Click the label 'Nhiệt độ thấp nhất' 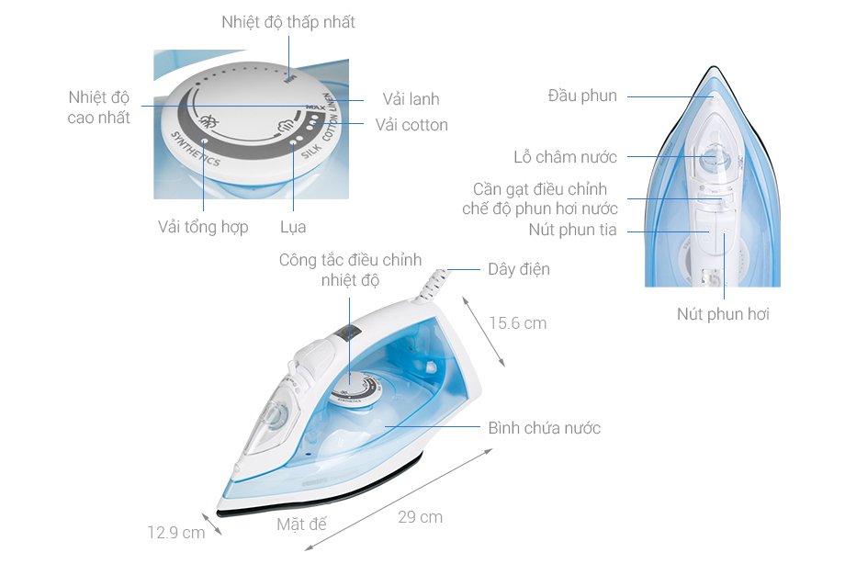click(287, 22)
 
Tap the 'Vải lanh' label click(411, 99)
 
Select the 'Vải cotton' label click(411, 125)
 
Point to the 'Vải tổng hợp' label click(203, 227)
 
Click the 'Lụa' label click(293, 227)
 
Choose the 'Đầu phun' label click(582, 96)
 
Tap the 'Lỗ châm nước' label click(565, 157)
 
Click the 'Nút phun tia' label click(572, 230)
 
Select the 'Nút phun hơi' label click(723, 314)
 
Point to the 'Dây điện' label click(519, 270)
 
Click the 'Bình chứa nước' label click(545, 428)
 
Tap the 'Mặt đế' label click(301, 525)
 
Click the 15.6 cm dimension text click(517, 323)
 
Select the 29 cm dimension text click(420, 517)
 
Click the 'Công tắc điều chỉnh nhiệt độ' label click(350, 270)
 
